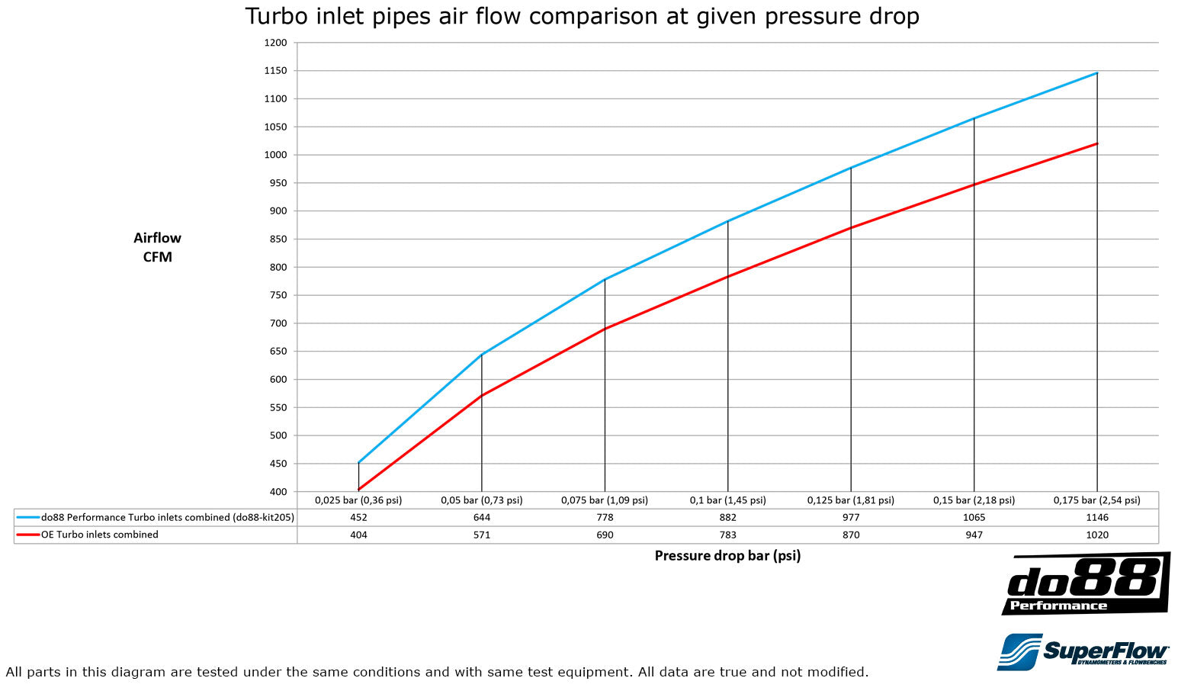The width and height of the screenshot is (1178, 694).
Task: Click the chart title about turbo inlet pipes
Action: click(x=582, y=16)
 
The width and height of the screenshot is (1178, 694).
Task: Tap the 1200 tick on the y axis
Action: click(x=276, y=43)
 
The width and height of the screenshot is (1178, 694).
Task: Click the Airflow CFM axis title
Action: click(x=158, y=247)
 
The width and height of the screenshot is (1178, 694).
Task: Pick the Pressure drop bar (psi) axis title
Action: click(x=727, y=556)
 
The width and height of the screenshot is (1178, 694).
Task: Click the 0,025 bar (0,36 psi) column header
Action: click(x=358, y=500)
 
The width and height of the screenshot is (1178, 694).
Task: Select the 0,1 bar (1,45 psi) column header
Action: click(x=727, y=500)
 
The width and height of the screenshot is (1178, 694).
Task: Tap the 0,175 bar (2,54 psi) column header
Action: click(x=1096, y=500)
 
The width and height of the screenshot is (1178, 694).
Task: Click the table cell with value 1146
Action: click(x=1096, y=517)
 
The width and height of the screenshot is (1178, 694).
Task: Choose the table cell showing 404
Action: click(x=358, y=535)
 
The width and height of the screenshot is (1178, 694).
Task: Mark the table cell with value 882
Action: click(x=727, y=517)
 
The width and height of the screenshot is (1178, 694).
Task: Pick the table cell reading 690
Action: click(x=605, y=535)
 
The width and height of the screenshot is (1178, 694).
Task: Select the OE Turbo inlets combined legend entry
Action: click(x=100, y=535)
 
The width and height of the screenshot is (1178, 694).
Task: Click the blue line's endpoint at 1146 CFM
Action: click(x=1096, y=73)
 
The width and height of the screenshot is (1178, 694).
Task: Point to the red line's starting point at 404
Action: click(x=358, y=490)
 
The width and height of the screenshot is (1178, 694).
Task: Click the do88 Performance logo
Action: click(x=1086, y=584)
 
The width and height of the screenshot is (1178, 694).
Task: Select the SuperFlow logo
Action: click(x=1083, y=652)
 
